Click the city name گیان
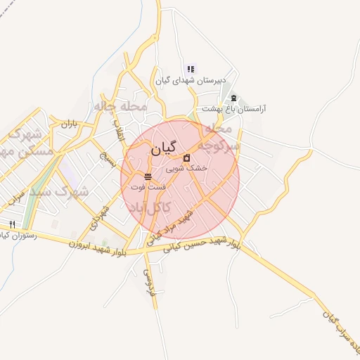[x=165, y=150]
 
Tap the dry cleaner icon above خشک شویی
[x=186, y=158]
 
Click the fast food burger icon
[x=147, y=176]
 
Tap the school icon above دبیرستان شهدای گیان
[x=191, y=69]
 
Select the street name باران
[x=68, y=124]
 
